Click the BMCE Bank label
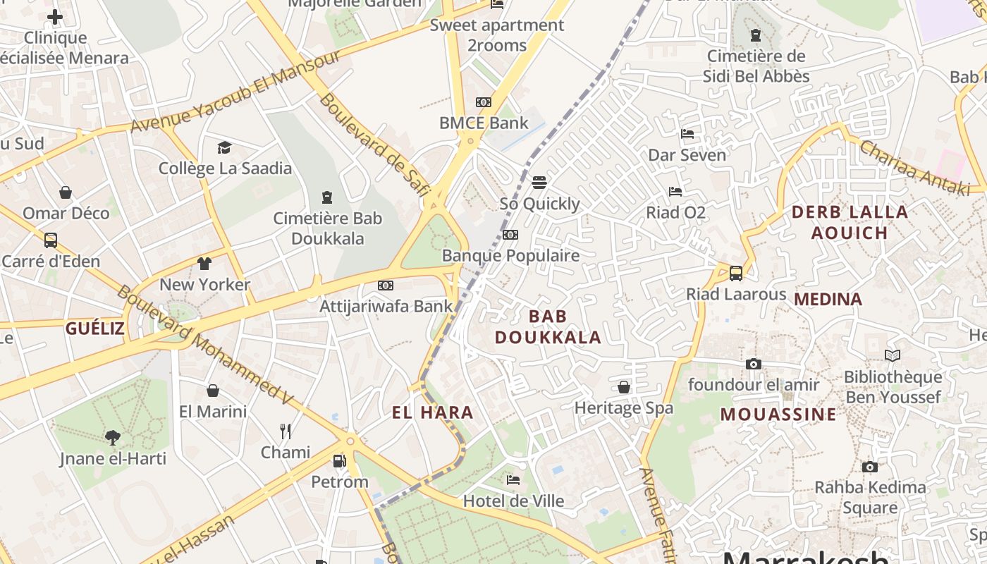point(484,123)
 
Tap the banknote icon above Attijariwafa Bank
point(385,286)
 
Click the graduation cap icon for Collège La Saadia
point(224,147)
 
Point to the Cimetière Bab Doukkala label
point(327,228)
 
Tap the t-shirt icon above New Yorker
point(204,264)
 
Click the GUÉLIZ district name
point(95,328)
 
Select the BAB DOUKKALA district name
point(548,326)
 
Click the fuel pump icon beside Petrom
point(339,461)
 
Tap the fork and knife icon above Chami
point(286,431)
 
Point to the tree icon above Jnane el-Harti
point(113,438)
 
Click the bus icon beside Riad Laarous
point(735,273)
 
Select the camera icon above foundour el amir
point(754,364)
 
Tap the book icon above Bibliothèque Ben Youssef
point(893,356)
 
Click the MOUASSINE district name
point(778,414)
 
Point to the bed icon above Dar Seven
point(687,134)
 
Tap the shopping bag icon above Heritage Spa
point(623,387)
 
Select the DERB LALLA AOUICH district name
point(850,222)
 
